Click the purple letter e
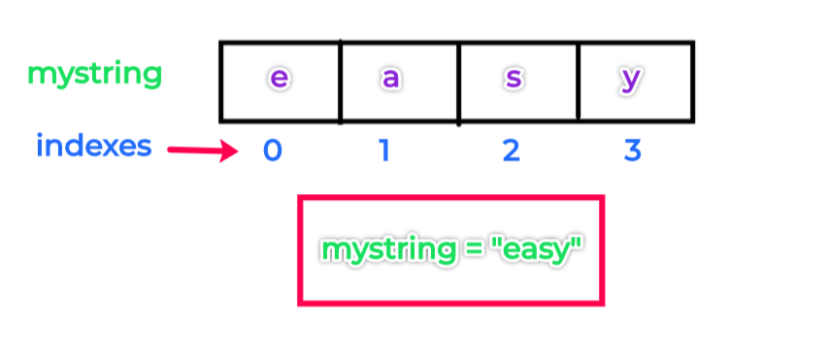279,79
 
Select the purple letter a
391,79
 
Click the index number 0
273,151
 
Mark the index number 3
632,151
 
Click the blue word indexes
94,147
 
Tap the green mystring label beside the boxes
95,74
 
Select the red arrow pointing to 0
201,150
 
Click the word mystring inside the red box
387,250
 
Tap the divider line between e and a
340,82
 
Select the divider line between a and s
459,82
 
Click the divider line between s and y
579,82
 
